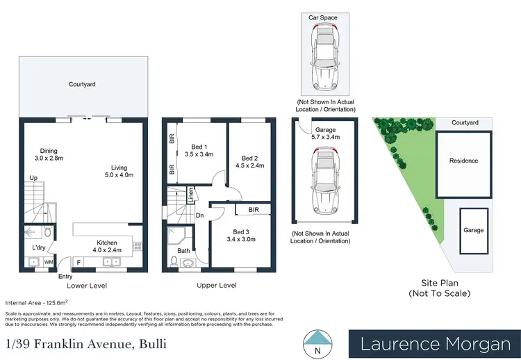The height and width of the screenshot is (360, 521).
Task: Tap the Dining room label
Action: [49, 151]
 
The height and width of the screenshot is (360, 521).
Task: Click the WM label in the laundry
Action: [49, 262]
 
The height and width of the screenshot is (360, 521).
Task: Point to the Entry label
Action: [66, 277]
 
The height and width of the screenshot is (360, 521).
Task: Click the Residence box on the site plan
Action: [463, 161]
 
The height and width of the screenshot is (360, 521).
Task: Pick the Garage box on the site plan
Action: [474, 229]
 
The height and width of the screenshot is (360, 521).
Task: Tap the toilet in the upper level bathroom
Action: [174, 261]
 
